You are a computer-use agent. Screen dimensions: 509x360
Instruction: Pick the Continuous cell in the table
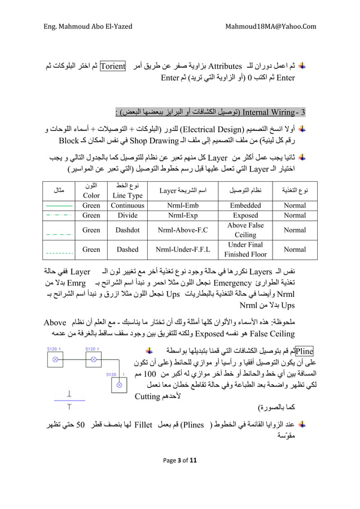click(127, 206)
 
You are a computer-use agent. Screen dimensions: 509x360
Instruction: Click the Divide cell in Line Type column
click(127, 216)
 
